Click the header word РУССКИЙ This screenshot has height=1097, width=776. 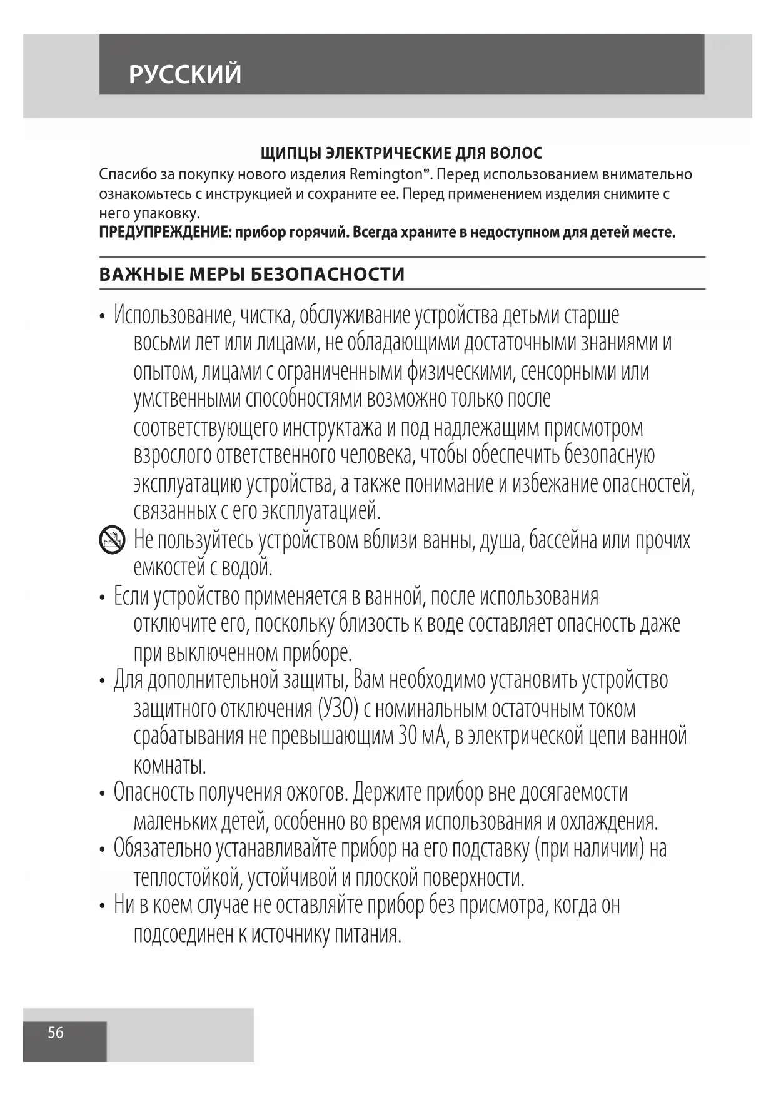[184, 74]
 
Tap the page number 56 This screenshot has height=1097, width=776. [56, 1032]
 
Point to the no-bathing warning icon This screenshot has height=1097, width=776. [113, 540]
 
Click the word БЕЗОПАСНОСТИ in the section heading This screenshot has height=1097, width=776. [328, 274]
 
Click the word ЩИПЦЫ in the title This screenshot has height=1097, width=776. [289, 153]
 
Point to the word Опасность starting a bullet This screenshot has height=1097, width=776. [154, 792]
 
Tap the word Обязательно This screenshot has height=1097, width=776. [162, 849]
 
